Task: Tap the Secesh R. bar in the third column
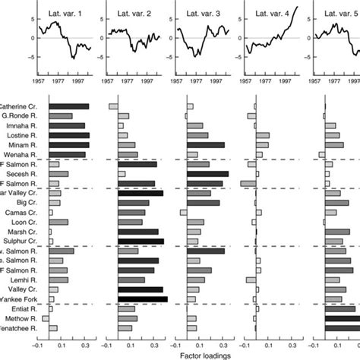pos(207,174)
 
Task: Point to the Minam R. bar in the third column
pos(206,145)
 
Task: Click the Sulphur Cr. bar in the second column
pos(141,242)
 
